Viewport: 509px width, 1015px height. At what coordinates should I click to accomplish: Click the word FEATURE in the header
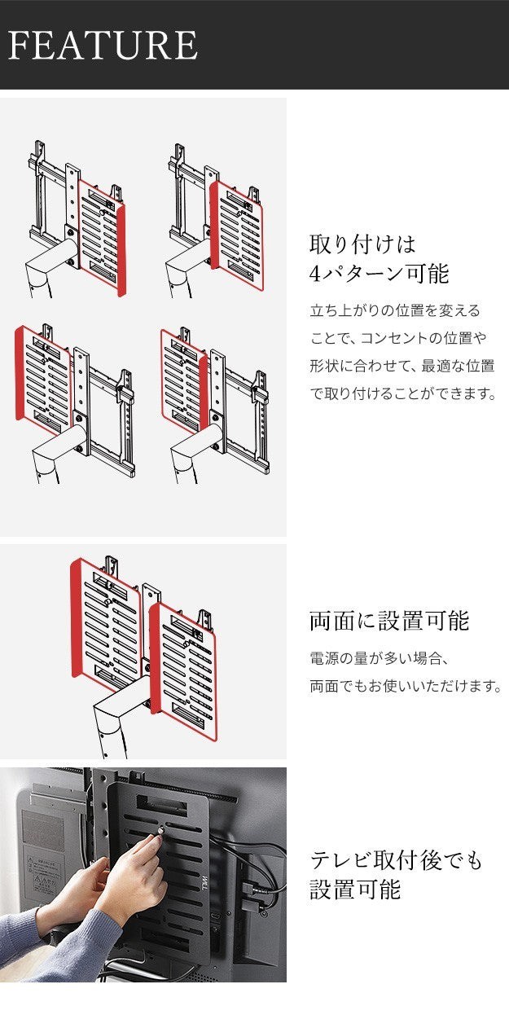coord(103,46)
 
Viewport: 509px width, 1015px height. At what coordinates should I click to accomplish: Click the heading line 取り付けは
coord(362,244)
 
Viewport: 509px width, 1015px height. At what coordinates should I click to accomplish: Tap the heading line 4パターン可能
coord(379,274)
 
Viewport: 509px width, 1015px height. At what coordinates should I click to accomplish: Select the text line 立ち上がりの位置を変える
coord(395,311)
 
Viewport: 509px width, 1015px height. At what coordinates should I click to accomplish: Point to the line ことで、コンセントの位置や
coord(402,339)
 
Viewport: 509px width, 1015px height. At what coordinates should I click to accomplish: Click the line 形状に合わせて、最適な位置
coord(402,367)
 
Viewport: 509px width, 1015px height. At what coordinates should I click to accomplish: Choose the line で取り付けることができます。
coord(402,394)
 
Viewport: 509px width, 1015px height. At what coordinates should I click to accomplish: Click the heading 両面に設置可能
coord(389,622)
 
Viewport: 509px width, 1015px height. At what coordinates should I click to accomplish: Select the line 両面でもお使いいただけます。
coord(405,687)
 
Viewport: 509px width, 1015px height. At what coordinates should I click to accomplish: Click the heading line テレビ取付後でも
coord(396,859)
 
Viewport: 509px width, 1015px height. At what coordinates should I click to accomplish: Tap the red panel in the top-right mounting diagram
coord(237,236)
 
